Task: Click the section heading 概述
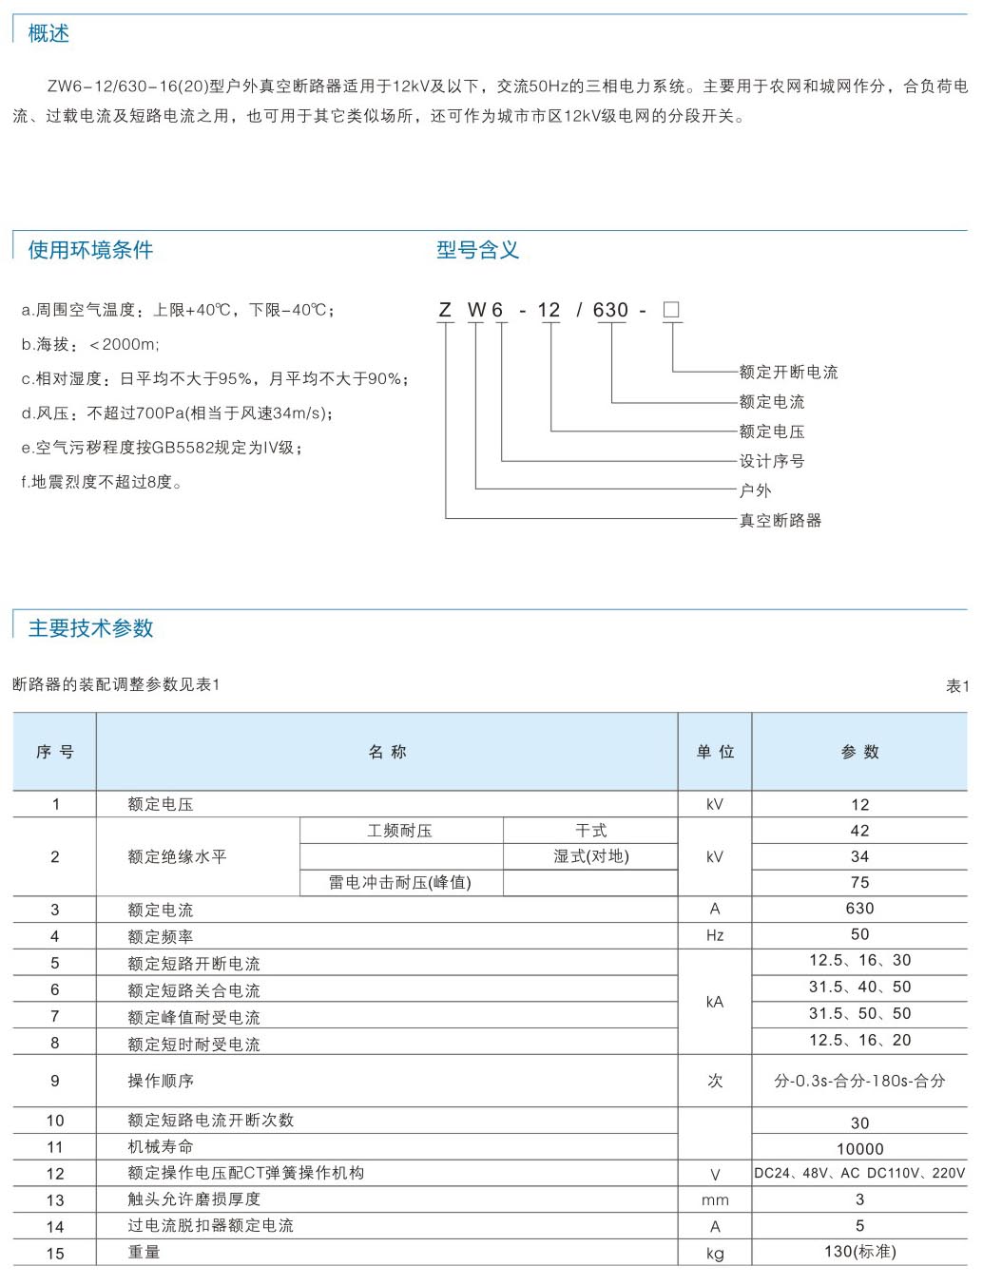coord(48,34)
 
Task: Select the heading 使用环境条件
coord(90,250)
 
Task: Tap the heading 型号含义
coord(477,250)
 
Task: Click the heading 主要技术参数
coord(90,628)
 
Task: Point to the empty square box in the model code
coord(671,310)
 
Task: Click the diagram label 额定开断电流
coord(788,372)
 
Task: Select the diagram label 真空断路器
coord(780,520)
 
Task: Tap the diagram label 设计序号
coord(771,461)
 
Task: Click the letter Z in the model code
coord(445,310)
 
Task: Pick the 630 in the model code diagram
coord(610,310)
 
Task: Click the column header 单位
coord(715,752)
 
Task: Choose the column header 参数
coord(859,752)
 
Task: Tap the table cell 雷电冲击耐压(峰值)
coord(400,883)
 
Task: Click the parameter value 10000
coord(859,1149)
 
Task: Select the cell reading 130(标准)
coord(859,1252)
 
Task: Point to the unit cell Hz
coord(715,936)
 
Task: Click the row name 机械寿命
coord(161,1147)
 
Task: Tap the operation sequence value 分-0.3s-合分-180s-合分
coord(859,1081)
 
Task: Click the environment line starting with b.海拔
coord(90,344)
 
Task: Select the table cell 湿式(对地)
coord(591,856)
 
